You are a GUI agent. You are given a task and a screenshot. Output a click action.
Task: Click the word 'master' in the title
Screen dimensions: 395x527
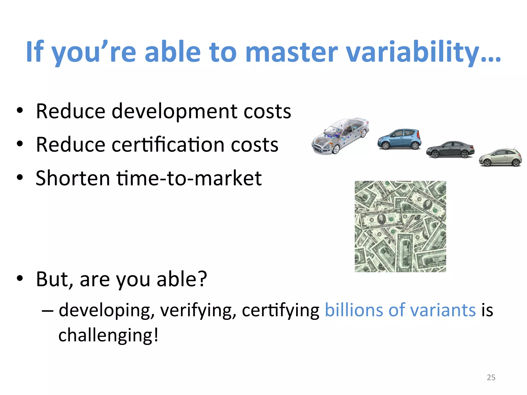pos(291,52)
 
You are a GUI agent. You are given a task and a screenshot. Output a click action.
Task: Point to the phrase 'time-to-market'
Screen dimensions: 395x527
pos(189,178)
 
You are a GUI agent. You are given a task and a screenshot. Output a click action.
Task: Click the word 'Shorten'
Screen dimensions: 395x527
pos(73,178)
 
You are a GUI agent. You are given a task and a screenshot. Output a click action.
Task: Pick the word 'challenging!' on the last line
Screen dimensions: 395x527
pos(108,335)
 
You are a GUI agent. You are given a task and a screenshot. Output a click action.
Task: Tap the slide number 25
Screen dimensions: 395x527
pos(491,377)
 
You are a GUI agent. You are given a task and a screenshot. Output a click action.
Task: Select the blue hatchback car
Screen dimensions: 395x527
pos(399,139)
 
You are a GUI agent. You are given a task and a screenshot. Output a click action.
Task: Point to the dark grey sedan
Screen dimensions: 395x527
pos(450,149)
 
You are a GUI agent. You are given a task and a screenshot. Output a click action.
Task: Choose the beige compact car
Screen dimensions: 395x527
pos(500,158)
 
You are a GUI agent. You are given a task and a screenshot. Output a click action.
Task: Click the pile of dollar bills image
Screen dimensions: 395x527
pos(400,226)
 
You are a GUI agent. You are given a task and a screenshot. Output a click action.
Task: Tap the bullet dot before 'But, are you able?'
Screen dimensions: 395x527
pos(20,279)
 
